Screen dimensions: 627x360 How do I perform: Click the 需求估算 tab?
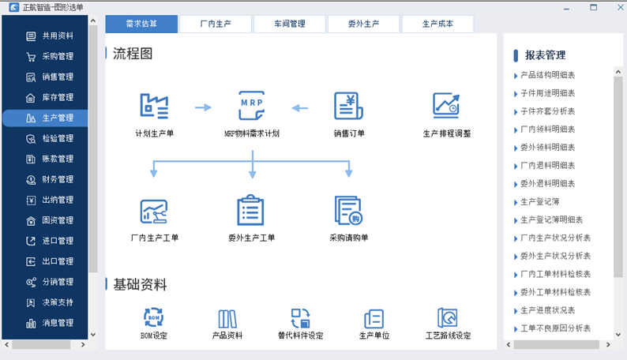pos(141,24)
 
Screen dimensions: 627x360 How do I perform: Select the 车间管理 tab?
pos(290,24)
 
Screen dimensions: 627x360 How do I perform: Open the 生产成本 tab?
pos(437,24)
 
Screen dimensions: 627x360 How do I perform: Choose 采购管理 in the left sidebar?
pos(50,56)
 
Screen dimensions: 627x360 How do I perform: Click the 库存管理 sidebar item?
pos(50,97)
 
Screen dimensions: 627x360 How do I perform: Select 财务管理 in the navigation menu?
pos(50,179)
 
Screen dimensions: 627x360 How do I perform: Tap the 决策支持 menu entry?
pos(50,302)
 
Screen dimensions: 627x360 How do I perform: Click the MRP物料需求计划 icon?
pos(252,106)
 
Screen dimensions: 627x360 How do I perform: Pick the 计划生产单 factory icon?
pos(154,106)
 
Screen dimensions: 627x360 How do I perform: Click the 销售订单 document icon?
pos(349,106)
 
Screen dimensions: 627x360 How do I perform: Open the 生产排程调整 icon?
pos(446,106)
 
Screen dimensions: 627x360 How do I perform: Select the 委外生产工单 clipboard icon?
pos(250,210)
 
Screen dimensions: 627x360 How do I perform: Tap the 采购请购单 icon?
pos(349,210)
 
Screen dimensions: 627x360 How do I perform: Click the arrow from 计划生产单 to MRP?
pos(203,107)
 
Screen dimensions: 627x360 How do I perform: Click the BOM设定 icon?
pos(153,317)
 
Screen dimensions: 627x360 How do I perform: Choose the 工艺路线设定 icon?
pos(448,317)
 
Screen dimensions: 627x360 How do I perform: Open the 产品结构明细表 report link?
pos(547,75)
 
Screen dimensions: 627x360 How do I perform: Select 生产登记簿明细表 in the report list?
pos(551,219)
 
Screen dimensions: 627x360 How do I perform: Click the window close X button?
pos(621,7)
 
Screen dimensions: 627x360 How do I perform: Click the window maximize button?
pos(593,7)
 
